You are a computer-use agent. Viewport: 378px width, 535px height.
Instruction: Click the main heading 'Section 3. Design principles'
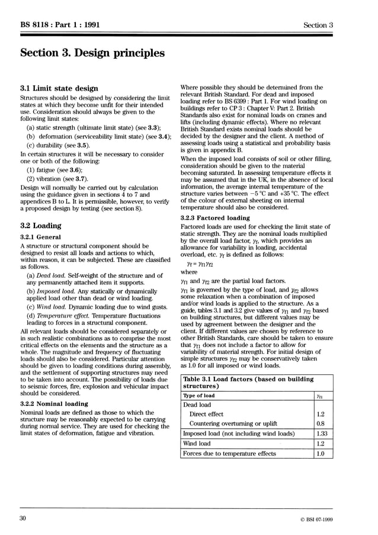coord(92,53)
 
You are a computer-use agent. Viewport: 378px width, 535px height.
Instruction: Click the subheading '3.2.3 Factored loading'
coord(214,218)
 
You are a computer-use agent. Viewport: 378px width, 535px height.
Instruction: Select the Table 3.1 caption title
coord(248,383)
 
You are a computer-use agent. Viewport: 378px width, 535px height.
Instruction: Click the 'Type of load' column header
coord(199,395)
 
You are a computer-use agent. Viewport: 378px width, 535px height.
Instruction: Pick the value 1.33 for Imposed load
coord(322,434)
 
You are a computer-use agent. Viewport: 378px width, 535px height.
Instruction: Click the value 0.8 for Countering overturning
coord(321,424)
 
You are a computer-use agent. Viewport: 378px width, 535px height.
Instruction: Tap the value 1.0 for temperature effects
coord(321,453)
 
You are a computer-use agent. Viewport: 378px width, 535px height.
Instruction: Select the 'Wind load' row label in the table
coord(197,443)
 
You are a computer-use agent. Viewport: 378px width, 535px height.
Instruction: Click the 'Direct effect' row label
coord(206,414)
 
